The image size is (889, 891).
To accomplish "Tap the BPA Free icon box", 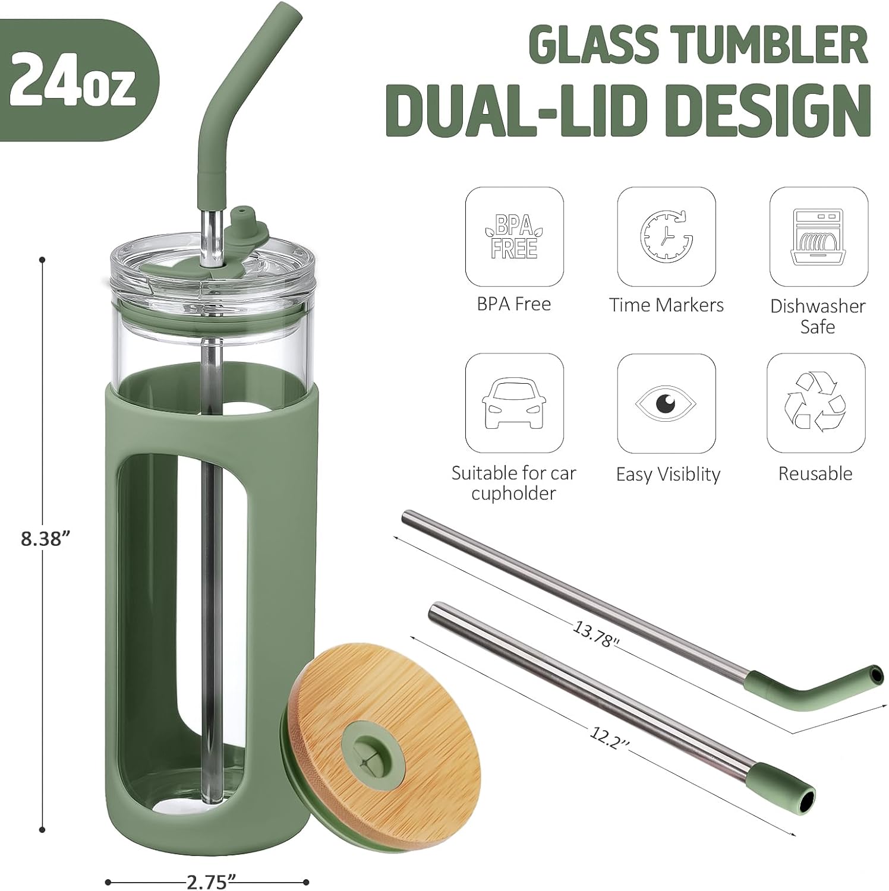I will pyautogui.click(x=514, y=236).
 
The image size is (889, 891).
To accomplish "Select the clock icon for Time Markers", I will pyautogui.click(x=666, y=236).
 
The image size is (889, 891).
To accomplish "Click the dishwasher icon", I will pyautogui.click(x=818, y=236).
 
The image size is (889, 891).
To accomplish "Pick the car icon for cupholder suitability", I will pyautogui.click(x=514, y=403).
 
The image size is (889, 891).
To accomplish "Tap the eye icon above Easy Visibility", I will pyautogui.click(x=666, y=403).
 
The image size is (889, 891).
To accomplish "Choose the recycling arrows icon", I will pyautogui.click(x=815, y=403).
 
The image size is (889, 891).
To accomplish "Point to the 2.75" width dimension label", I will pyautogui.click(x=207, y=883).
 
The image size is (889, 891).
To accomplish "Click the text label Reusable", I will pyautogui.click(x=815, y=473).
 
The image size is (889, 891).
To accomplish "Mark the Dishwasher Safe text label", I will pyautogui.click(x=818, y=316).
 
